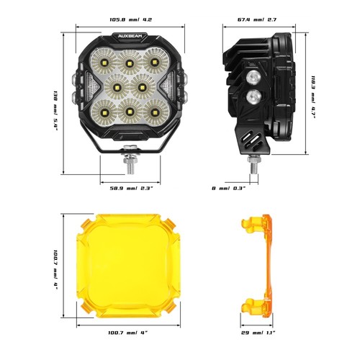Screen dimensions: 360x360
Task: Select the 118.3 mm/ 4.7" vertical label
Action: click(x=314, y=98)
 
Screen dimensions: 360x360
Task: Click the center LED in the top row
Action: click(x=130, y=63)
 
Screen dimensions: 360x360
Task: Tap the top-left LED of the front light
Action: click(x=105, y=63)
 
